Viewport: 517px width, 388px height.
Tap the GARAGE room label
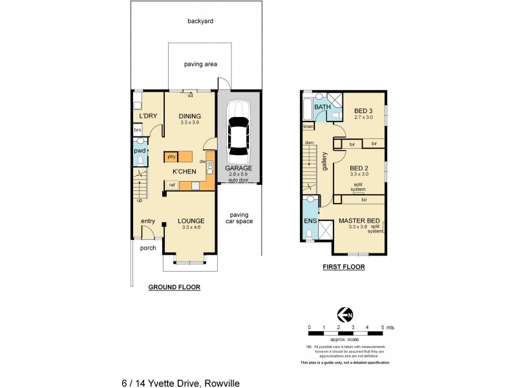(238, 167)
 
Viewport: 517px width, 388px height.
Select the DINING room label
(191, 116)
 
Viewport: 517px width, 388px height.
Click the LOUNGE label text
(191, 221)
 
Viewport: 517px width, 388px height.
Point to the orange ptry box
(171, 156)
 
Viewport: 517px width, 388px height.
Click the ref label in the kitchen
(172, 185)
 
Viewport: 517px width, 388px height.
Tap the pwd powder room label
(140, 151)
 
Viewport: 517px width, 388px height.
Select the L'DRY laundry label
(148, 116)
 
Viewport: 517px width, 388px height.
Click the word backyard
(200, 21)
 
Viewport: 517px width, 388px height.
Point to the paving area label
(200, 64)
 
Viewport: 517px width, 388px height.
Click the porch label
(147, 248)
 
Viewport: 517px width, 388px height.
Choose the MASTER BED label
(357, 221)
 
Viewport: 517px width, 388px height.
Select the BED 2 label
(359, 167)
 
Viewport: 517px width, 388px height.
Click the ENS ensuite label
(310, 221)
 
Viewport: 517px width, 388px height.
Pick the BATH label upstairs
(322, 107)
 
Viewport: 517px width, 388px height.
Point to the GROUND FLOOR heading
(174, 287)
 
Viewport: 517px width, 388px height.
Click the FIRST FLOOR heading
(343, 266)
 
